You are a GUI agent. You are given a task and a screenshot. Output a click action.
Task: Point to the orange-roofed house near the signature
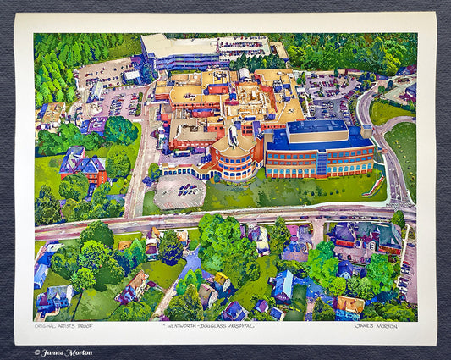pyautogui.click(x=349, y=304)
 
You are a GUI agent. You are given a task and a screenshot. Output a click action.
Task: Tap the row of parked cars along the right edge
pyautogui.click(x=410, y=271)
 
